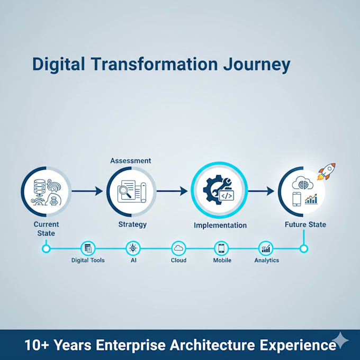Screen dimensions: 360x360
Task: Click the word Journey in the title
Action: pyautogui.click(x=257, y=65)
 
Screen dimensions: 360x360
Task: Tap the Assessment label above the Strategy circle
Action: pyautogui.click(x=131, y=161)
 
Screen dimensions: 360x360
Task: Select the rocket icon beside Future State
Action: pyautogui.click(x=327, y=172)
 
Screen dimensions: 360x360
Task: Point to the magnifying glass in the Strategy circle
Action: pyautogui.click(x=125, y=191)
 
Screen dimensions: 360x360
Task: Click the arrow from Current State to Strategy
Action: pyautogui.click(x=87, y=191)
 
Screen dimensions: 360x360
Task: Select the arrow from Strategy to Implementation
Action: pyautogui.click(x=172, y=191)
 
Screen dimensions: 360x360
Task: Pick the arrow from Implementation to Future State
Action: pyautogui.click(x=261, y=191)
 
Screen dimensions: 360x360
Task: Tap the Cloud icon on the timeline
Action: pyautogui.click(x=178, y=248)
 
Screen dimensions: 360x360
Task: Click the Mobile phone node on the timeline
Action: pyautogui.click(x=221, y=248)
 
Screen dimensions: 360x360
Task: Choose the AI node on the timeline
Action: pyautogui.click(x=133, y=248)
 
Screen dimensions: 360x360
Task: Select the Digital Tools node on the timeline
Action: pyautogui.click(x=88, y=248)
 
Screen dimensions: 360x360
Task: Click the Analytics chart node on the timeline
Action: pyautogui.click(x=266, y=248)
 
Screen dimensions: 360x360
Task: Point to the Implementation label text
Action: pyautogui.click(x=220, y=225)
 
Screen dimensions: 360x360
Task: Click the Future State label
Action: pyautogui.click(x=305, y=224)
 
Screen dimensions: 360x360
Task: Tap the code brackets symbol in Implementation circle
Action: pyautogui.click(x=227, y=196)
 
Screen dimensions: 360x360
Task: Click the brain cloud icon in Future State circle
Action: pyautogui.click(x=303, y=184)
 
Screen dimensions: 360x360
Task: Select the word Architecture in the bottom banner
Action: pyautogui.click(x=212, y=345)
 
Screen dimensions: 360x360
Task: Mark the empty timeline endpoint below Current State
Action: pyautogui.click(x=46, y=248)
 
